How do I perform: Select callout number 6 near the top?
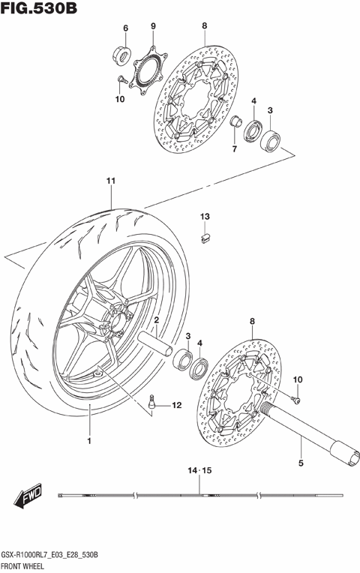click(125, 28)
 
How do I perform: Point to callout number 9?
click(153, 27)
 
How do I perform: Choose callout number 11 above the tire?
click(110, 181)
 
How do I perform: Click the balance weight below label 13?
click(203, 237)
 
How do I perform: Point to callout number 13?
click(204, 217)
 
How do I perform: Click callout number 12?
click(176, 406)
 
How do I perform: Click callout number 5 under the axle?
click(301, 463)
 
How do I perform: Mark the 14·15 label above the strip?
click(200, 470)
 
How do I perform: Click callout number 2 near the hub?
click(156, 320)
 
